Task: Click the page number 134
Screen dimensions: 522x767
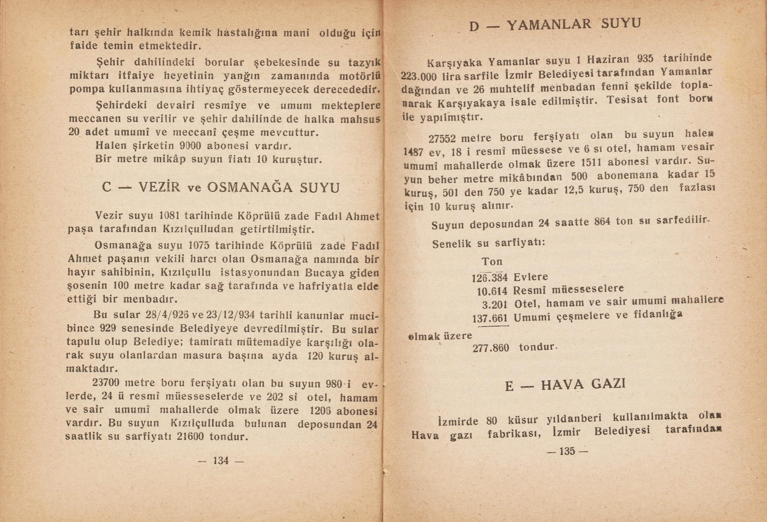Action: (x=221, y=460)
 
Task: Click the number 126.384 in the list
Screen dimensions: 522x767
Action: (x=490, y=278)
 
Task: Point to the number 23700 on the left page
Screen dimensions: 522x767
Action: (x=105, y=383)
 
